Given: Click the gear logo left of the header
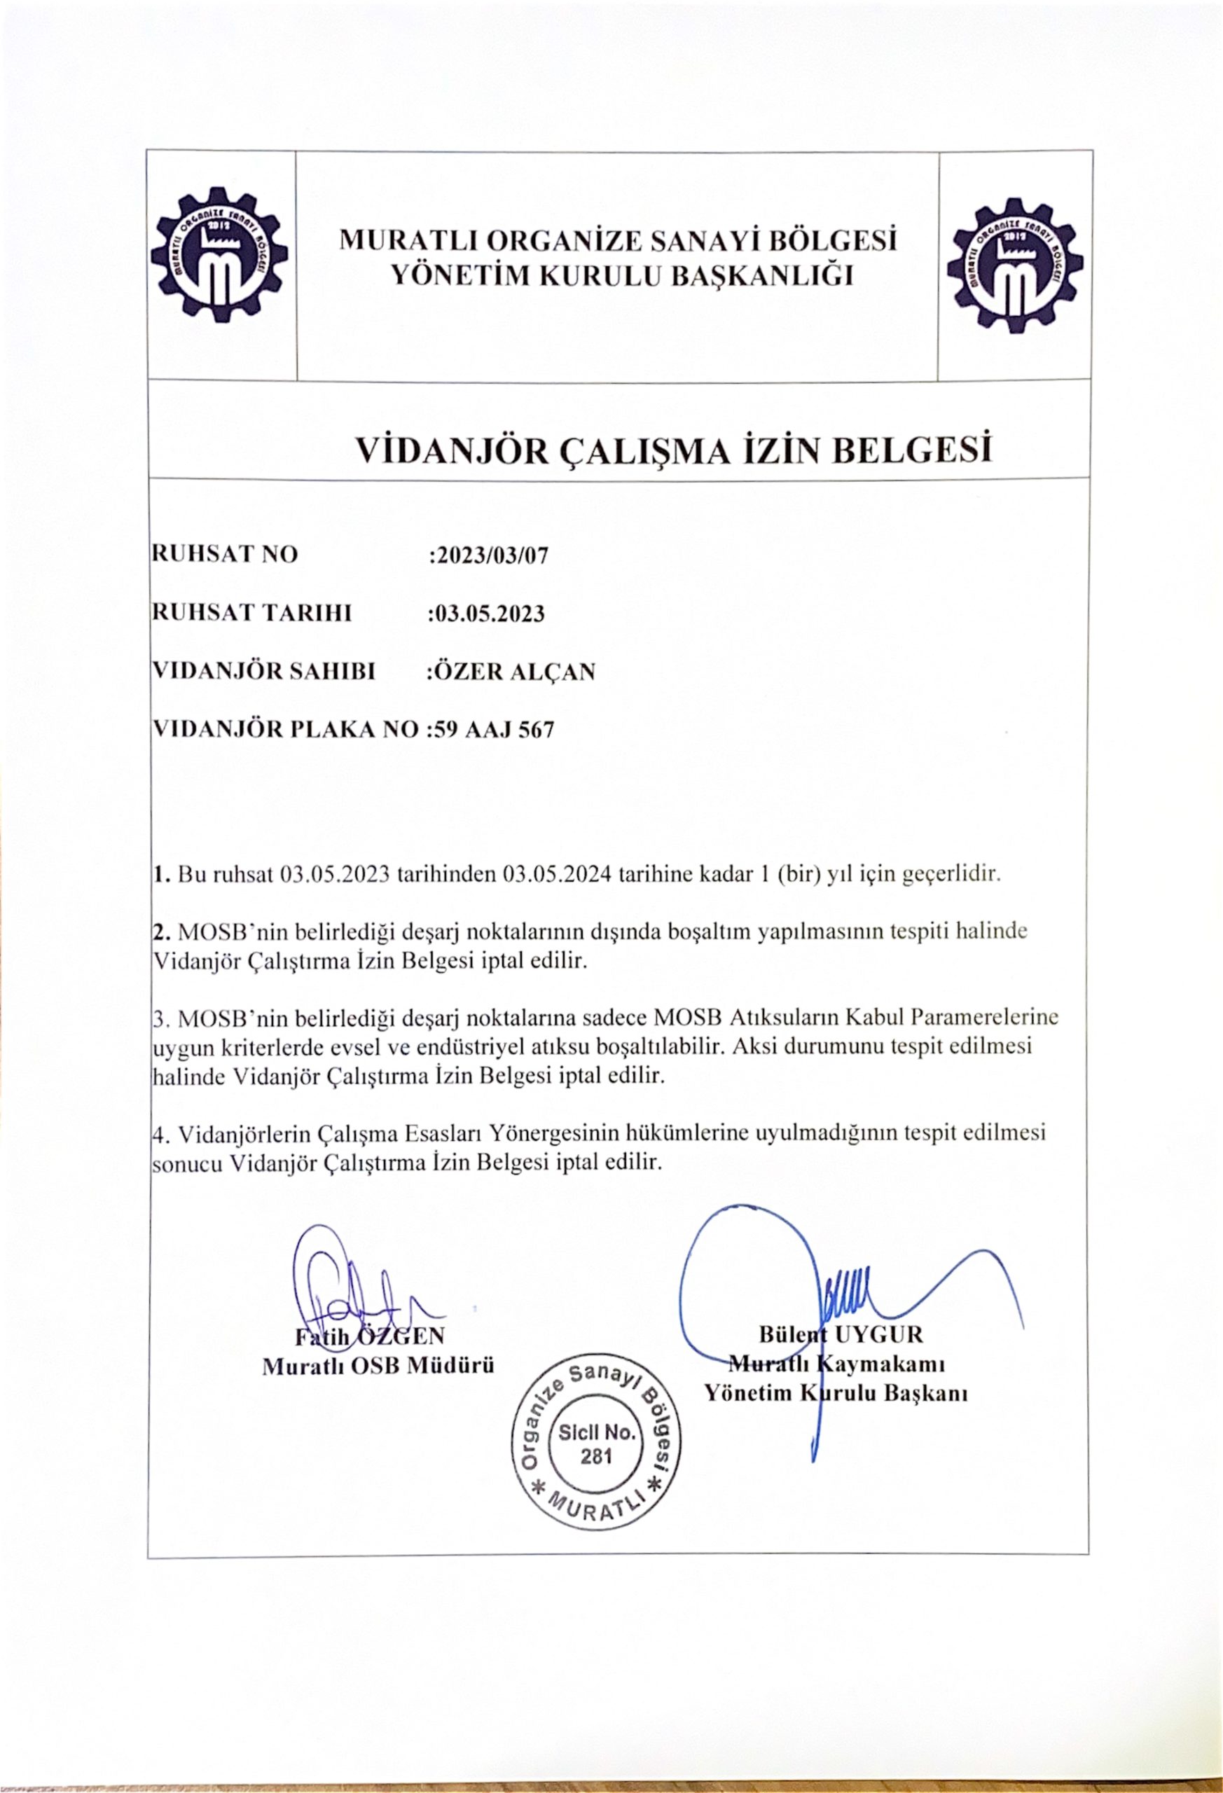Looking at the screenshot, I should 221,258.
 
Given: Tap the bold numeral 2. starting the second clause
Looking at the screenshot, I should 162,932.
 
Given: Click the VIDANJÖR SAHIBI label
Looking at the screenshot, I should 265,672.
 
